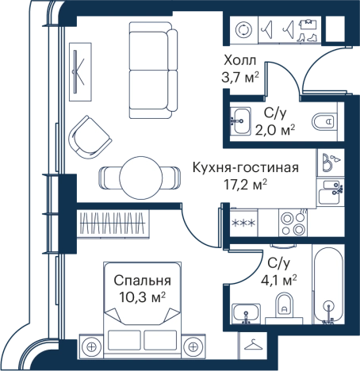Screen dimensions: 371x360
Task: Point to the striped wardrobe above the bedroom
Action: coord(113,222)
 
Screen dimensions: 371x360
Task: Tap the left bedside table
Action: coord(91,346)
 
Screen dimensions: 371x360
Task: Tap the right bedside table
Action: coord(193,346)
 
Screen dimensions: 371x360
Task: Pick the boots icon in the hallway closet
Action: coord(309,30)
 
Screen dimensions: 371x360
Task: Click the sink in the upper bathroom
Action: coord(241,121)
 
